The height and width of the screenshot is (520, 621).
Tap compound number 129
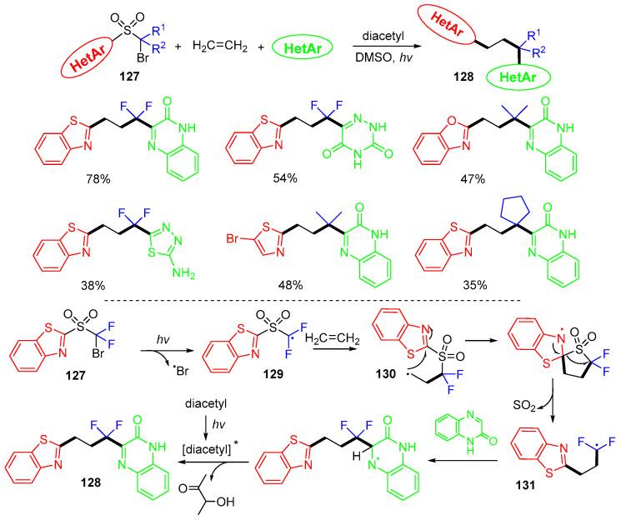(x=263, y=377)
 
